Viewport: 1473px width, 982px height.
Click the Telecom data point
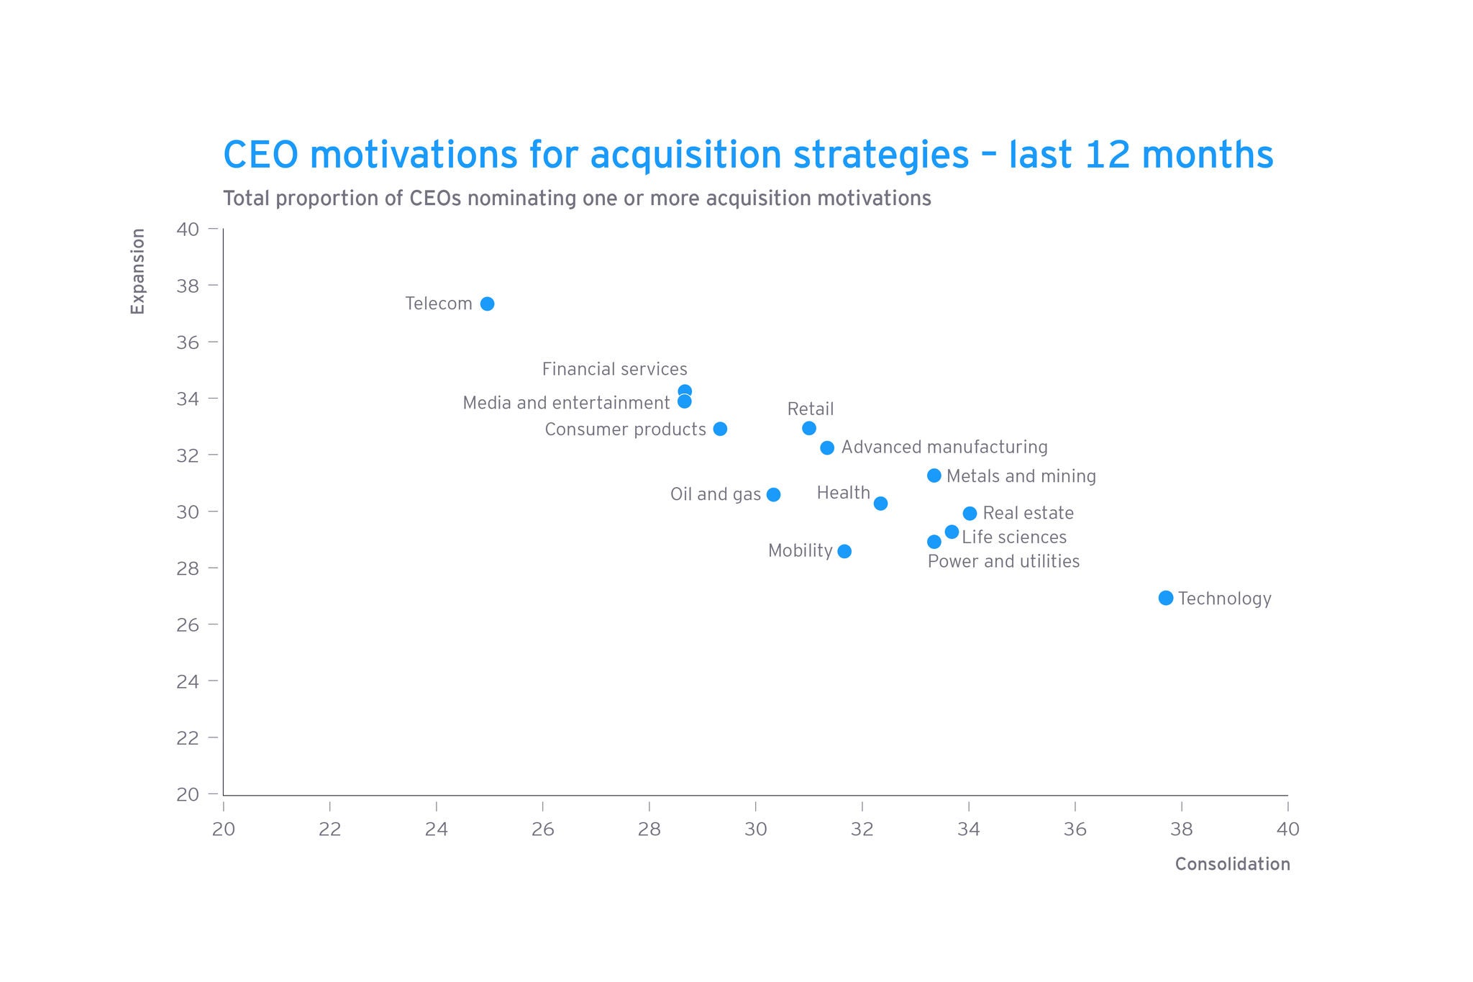[x=487, y=304]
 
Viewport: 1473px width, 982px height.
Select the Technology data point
[x=1166, y=598]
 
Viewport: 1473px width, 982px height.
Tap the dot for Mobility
[x=844, y=551]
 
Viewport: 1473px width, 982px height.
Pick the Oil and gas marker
[x=773, y=494]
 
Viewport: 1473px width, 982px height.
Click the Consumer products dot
[x=720, y=429]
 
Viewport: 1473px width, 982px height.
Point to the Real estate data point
[x=970, y=513]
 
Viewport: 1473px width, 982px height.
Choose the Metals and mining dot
[x=934, y=476]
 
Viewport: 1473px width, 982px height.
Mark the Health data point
[x=880, y=503]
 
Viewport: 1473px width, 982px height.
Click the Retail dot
[x=809, y=428]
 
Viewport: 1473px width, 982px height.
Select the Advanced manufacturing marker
[x=827, y=447]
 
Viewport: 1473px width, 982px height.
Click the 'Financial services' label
[x=614, y=369]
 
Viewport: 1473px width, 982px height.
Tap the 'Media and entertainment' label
[x=566, y=403]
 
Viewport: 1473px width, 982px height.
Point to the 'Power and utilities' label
[x=1003, y=561]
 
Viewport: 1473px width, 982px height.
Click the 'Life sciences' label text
[x=1014, y=537]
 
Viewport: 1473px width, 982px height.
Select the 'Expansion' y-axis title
[x=137, y=271]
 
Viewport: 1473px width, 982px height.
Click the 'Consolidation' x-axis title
[x=1232, y=864]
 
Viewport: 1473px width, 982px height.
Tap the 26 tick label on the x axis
[x=542, y=829]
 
